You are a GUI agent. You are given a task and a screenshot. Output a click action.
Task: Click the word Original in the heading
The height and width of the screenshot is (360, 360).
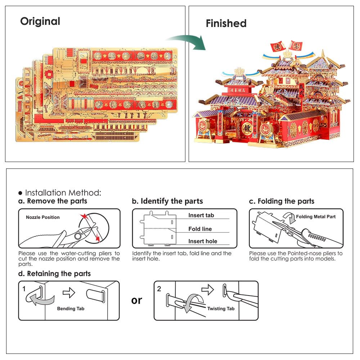click(40, 21)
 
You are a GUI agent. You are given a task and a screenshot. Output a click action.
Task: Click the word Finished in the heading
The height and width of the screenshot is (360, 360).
click(226, 23)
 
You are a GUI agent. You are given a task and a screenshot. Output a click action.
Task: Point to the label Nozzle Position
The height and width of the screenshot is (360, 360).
click(43, 217)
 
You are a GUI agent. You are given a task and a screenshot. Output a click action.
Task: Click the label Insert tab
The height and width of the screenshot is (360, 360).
click(201, 215)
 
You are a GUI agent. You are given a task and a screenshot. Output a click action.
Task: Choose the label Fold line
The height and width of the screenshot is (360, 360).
click(200, 229)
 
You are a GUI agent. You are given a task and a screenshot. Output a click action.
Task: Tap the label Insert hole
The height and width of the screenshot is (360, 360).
click(203, 241)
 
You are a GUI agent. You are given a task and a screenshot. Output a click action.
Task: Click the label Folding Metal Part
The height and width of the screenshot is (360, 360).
click(316, 217)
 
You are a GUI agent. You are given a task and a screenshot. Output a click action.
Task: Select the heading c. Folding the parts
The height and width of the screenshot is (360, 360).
click(282, 201)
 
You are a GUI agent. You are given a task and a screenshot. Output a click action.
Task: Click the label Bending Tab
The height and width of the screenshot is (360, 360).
click(71, 309)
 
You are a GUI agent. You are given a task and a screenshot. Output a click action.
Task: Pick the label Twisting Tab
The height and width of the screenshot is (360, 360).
click(221, 309)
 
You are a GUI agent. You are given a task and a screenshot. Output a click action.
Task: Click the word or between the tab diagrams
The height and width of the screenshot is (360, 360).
click(137, 300)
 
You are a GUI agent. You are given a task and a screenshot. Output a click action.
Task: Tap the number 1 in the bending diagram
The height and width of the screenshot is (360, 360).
click(24, 289)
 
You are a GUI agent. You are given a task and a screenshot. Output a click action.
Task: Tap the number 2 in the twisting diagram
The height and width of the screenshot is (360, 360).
click(159, 289)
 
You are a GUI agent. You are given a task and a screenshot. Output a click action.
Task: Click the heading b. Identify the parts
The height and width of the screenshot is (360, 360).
click(167, 201)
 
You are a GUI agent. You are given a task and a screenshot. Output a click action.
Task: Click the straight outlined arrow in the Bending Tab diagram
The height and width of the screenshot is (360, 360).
click(69, 293)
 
